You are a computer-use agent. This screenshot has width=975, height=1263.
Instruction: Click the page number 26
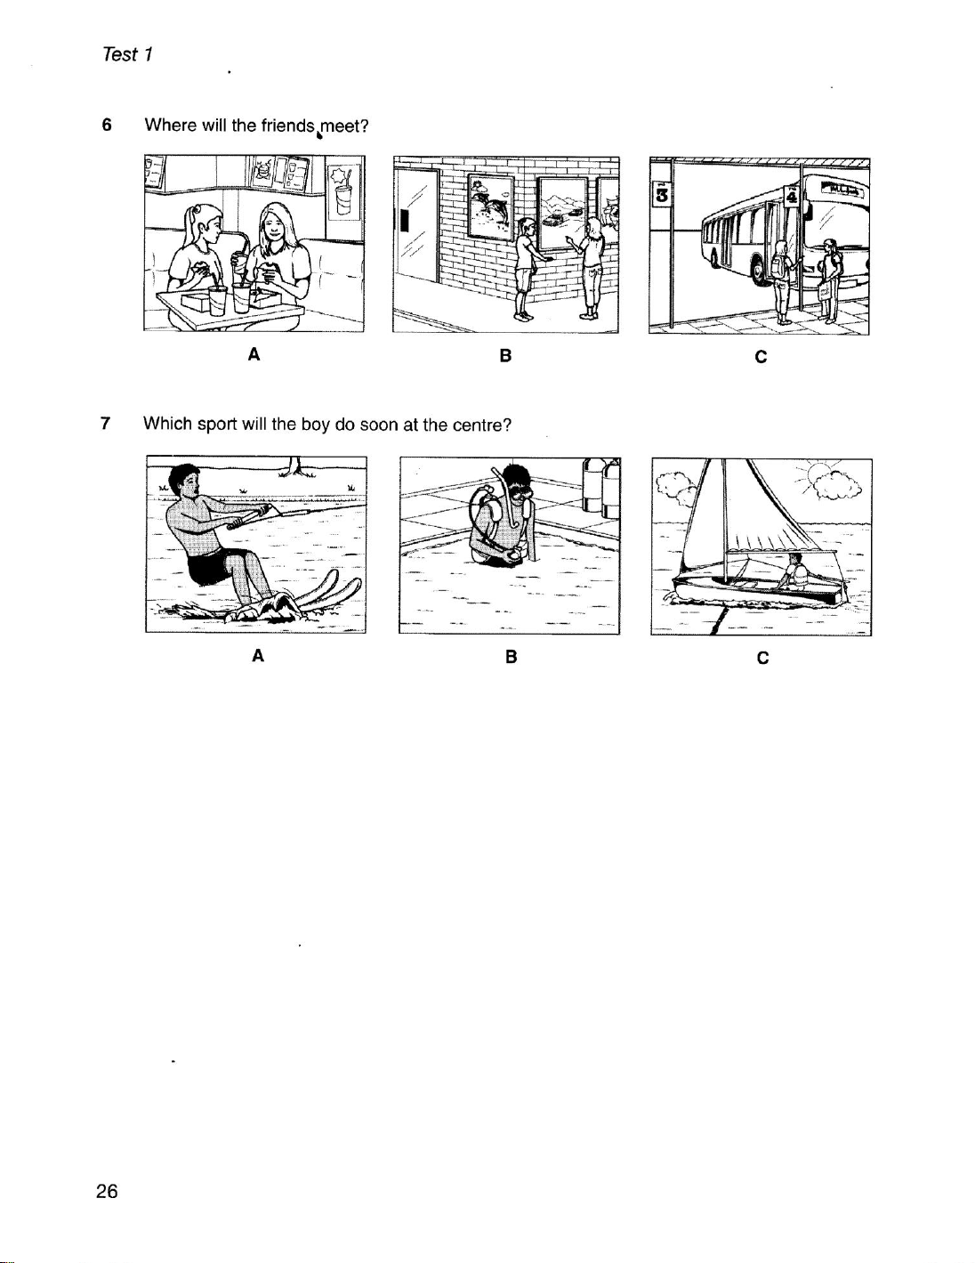[107, 1192]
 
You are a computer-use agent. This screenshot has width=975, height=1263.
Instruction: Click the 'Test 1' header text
[127, 54]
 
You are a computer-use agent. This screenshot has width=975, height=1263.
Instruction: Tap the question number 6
[107, 125]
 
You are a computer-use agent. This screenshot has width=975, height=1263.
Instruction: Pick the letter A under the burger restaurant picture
[254, 354]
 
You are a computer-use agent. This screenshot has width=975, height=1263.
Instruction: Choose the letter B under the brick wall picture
[505, 355]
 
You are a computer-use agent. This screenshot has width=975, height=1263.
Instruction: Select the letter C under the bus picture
[761, 357]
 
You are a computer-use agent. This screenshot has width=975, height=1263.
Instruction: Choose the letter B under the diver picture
[511, 657]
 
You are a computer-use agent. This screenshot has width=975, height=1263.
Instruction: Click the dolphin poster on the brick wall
[491, 206]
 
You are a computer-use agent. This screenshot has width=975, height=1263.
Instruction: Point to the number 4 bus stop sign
[791, 194]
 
